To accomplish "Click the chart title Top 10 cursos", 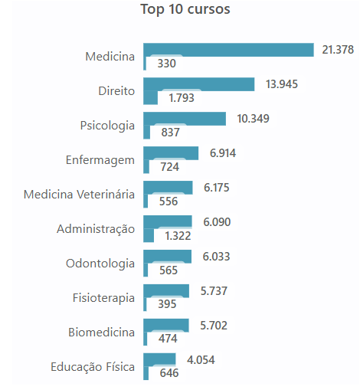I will point(185,10).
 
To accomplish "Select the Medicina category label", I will point(110,56).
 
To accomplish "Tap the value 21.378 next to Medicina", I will point(338,49).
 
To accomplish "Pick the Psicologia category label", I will point(107,125).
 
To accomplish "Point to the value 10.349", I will point(253,118).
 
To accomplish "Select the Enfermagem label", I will point(100,159).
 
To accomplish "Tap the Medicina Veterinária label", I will point(79,194).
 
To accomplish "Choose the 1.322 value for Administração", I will point(178,235).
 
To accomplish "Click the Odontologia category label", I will point(100,263).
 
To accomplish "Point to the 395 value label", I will point(167,304).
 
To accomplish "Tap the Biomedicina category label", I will point(100,332).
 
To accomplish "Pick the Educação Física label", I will point(93,366).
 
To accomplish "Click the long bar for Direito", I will point(198,84).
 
